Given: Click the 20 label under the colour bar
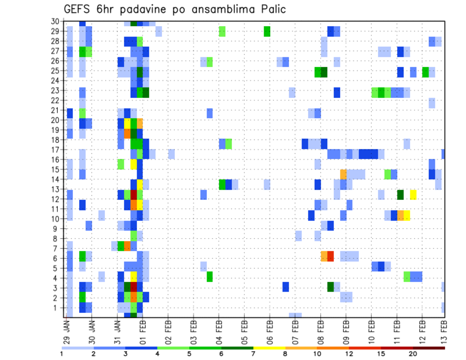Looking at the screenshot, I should [x=413, y=354].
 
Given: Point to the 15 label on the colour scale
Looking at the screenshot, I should [x=382, y=354].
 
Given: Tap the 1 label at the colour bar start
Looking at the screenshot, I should [x=62, y=354].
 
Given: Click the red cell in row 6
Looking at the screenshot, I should [x=331, y=256].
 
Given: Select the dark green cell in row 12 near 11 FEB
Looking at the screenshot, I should [x=400, y=195].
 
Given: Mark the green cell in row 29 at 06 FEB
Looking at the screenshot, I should [x=267, y=32].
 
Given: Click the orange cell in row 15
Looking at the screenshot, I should [x=343, y=174].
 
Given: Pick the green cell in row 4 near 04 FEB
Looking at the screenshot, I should [x=210, y=277].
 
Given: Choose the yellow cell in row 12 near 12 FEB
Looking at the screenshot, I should [x=413, y=195].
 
